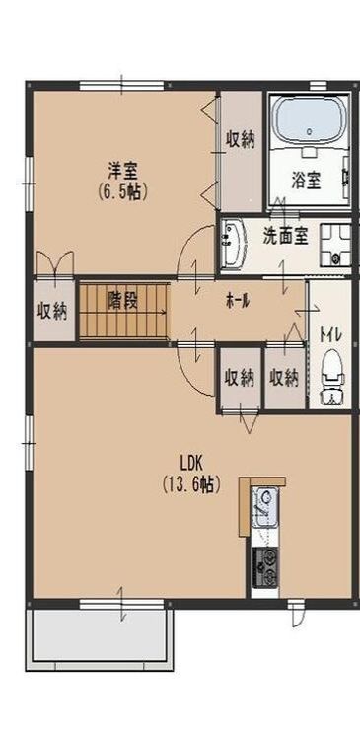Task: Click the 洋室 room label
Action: point(126,169)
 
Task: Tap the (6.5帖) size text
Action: point(126,191)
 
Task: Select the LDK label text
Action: point(191,462)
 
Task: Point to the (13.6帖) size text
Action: point(191,484)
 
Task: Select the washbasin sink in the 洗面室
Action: point(232,244)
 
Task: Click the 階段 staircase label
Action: point(123,299)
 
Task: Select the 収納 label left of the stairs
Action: point(52,312)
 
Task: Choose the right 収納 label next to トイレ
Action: point(284,376)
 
